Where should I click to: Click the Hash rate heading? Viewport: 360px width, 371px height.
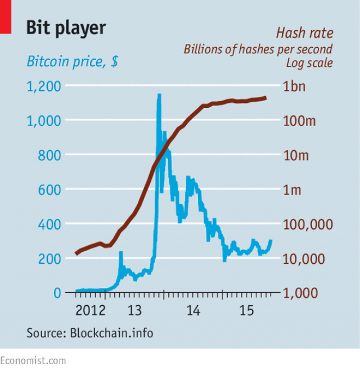point(304,33)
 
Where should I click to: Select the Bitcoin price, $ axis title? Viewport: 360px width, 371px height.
point(72,61)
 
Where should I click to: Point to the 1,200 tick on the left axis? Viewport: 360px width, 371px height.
point(44,86)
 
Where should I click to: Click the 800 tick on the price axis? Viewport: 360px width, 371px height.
point(49,155)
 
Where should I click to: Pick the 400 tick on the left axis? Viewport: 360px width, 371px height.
point(49,224)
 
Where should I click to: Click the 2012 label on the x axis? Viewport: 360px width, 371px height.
point(91,310)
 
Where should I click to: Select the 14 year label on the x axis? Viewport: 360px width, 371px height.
point(193,310)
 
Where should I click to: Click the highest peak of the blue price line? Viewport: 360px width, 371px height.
point(159,95)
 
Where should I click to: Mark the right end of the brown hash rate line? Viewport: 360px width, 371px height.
point(265,98)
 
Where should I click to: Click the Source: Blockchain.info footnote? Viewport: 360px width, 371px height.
point(89,333)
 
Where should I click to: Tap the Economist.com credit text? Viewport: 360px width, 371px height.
point(33,360)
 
